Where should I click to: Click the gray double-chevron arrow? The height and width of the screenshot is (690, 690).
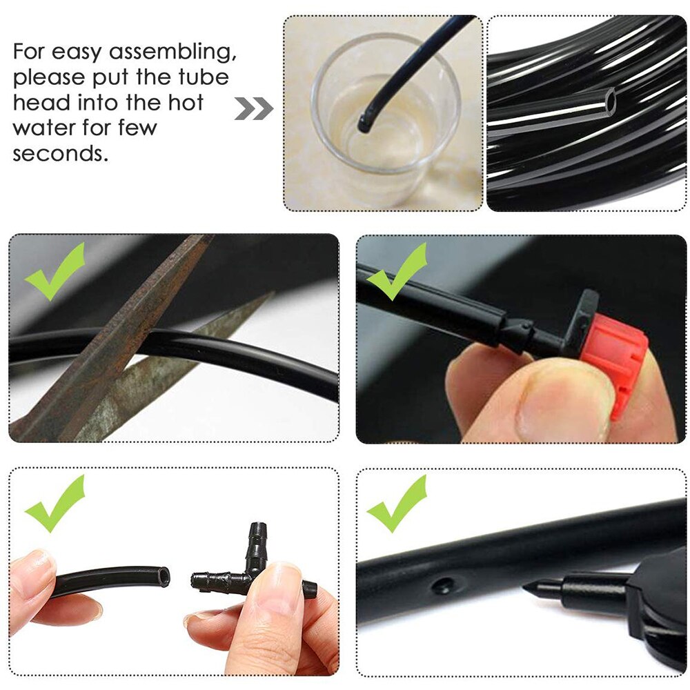[x=253, y=108]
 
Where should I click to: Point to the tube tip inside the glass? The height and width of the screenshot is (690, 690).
[x=364, y=125]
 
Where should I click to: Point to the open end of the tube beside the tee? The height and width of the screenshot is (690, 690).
[x=162, y=577]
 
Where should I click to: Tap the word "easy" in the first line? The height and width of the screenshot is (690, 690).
[x=87, y=52]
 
